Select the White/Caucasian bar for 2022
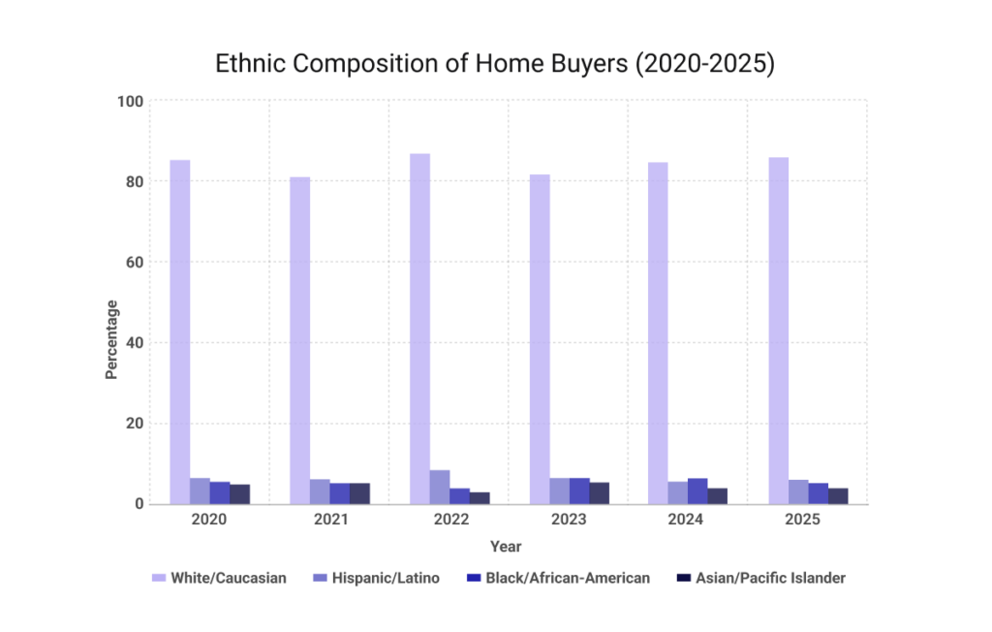(419, 329)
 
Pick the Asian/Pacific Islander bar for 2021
(359, 493)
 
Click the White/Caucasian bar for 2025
(778, 331)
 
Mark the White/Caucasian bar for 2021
(300, 340)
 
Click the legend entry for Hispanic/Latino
(386, 578)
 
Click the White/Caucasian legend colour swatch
(158, 578)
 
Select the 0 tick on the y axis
(139, 504)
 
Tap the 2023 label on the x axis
(569, 521)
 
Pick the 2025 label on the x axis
(807, 521)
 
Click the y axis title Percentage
(111, 339)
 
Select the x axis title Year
(506, 547)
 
